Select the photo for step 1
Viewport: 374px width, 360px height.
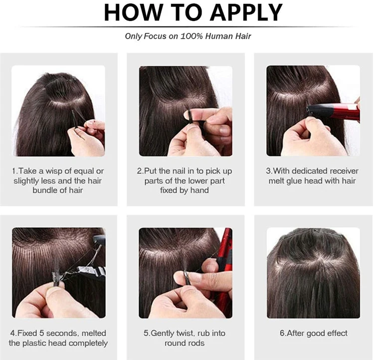coord(58,111)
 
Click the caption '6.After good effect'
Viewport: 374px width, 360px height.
coord(313,333)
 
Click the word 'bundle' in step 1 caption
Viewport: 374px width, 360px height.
coord(45,191)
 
